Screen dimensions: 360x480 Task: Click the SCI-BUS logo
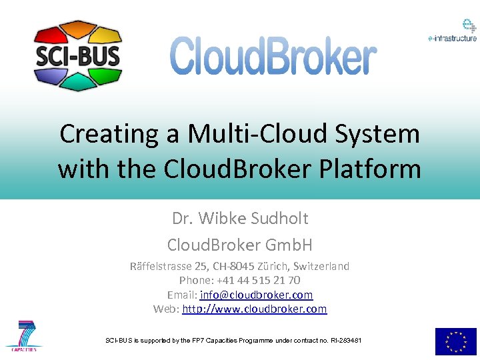[x=77, y=55]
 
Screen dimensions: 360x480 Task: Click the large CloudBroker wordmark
[x=273, y=56]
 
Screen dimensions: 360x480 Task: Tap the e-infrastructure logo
[x=452, y=31]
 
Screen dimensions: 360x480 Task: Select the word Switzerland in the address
[x=319, y=266]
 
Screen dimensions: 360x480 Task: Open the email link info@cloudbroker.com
[x=256, y=295]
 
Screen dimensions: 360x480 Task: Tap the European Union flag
[x=456, y=341]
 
